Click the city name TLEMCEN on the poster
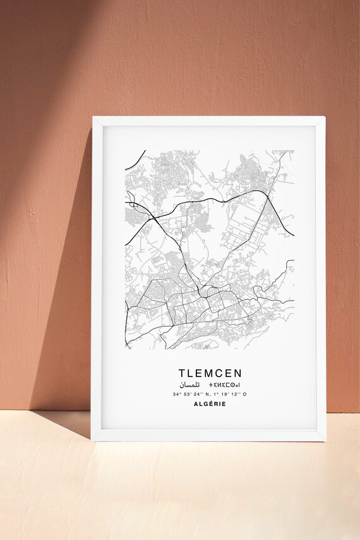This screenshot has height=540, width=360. click(210, 373)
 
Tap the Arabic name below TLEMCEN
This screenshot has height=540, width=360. click(189, 385)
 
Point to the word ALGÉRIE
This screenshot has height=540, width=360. click(210, 405)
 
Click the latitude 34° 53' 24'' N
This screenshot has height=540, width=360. click(190, 394)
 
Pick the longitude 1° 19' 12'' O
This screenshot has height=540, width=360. click(230, 394)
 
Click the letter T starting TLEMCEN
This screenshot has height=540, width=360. click(182, 373)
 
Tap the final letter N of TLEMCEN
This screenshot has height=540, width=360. click(237, 373)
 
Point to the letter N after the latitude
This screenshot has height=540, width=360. click(207, 394)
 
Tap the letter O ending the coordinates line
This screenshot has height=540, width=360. click(245, 394)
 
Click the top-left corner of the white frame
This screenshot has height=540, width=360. click(93, 117)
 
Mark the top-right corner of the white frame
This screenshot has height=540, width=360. click(325, 117)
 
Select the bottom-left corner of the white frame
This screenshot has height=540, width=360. click(93, 441)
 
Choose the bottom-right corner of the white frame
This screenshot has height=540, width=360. click(325, 441)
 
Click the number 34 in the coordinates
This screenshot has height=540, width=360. click(174, 394)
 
